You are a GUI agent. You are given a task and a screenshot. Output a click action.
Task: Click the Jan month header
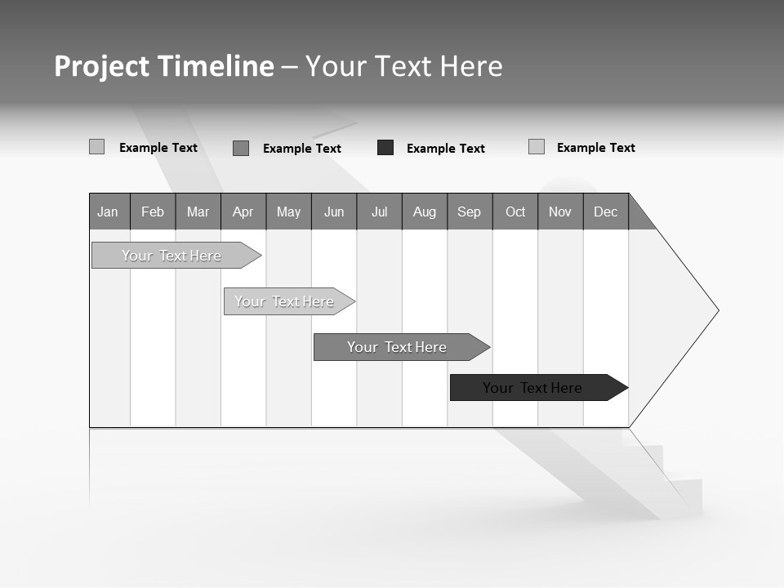click(x=109, y=212)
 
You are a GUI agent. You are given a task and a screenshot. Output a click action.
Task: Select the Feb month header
click(x=153, y=212)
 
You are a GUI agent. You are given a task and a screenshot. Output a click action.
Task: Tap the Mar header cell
click(x=198, y=212)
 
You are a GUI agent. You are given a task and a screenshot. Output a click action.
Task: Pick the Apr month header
click(x=243, y=212)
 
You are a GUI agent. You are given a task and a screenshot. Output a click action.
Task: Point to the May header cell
click(x=288, y=212)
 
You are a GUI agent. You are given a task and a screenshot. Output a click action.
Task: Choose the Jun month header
click(x=334, y=212)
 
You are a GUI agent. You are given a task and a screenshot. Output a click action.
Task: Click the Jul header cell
click(x=379, y=212)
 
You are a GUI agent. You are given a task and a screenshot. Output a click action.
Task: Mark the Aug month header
click(x=425, y=212)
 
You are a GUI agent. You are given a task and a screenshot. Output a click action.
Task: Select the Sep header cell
click(x=470, y=212)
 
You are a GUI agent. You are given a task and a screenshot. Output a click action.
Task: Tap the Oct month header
click(x=515, y=212)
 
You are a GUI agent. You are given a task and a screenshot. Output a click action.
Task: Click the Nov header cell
click(x=560, y=212)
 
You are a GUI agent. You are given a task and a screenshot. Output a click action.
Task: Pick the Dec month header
click(x=606, y=212)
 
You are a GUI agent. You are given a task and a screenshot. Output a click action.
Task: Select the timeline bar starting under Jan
click(x=172, y=256)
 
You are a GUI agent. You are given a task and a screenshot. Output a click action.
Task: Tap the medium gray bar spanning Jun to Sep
click(x=398, y=347)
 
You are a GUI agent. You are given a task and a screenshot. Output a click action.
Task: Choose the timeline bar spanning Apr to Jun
click(x=285, y=301)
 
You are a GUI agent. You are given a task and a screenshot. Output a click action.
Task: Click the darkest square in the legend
click(x=385, y=148)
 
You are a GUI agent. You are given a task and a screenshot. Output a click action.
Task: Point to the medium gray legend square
click(x=241, y=148)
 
